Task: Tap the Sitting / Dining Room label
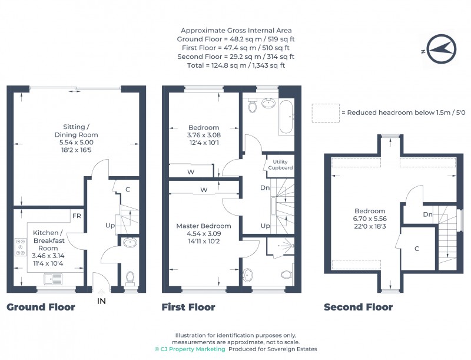click(x=77, y=131)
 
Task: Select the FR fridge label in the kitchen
click(x=77, y=216)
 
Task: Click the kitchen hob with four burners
click(x=21, y=247)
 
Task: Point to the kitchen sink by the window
click(x=53, y=279)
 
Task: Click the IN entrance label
click(x=101, y=301)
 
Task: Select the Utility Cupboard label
click(x=280, y=164)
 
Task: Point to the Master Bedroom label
click(x=204, y=226)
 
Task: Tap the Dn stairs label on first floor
click(x=265, y=188)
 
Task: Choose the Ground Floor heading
click(x=41, y=307)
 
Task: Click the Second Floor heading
click(x=359, y=307)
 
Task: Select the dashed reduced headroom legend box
click(x=326, y=113)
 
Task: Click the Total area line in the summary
click(x=236, y=65)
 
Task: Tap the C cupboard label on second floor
click(x=417, y=249)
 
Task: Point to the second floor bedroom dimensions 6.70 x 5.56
click(x=370, y=219)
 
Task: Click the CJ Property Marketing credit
click(x=190, y=349)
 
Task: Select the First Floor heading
click(x=188, y=307)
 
